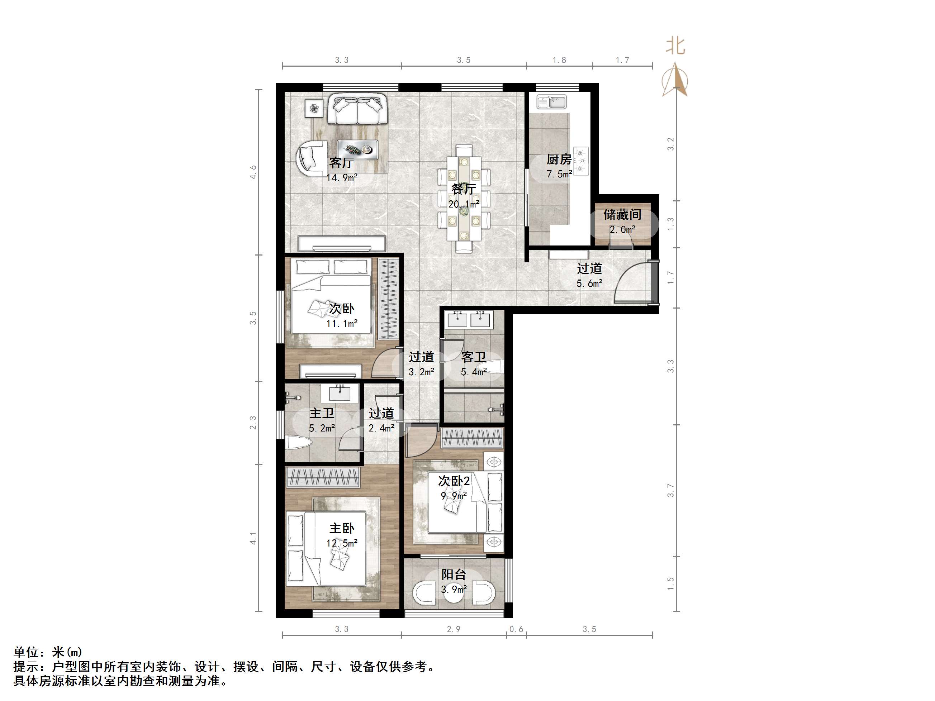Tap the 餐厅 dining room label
click(463, 189)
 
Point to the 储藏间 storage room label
click(622, 215)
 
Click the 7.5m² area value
click(559, 174)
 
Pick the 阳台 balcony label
click(454, 574)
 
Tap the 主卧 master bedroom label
click(342, 528)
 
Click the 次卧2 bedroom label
click(454, 481)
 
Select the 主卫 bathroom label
click(322, 413)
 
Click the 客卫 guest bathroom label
click(474, 357)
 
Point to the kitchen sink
click(551, 102)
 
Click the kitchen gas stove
click(581, 161)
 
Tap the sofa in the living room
click(357, 109)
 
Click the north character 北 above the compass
click(675, 46)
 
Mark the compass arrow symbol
click(675, 80)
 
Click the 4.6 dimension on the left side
click(253, 172)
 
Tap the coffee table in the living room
click(357, 149)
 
